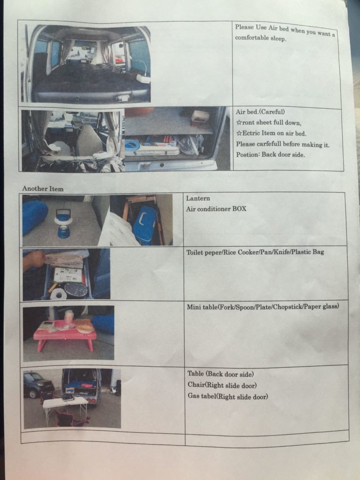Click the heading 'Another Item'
(x=43, y=188)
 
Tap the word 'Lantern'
(x=198, y=198)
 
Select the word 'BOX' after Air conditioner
(x=239, y=209)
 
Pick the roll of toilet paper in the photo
(x=58, y=294)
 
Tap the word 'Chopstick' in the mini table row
(x=288, y=307)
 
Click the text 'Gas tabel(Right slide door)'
(x=228, y=396)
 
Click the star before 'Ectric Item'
(x=239, y=134)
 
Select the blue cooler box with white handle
(x=144, y=225)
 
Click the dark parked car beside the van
(x=38, y=384)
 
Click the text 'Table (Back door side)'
(x=220, y=374)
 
